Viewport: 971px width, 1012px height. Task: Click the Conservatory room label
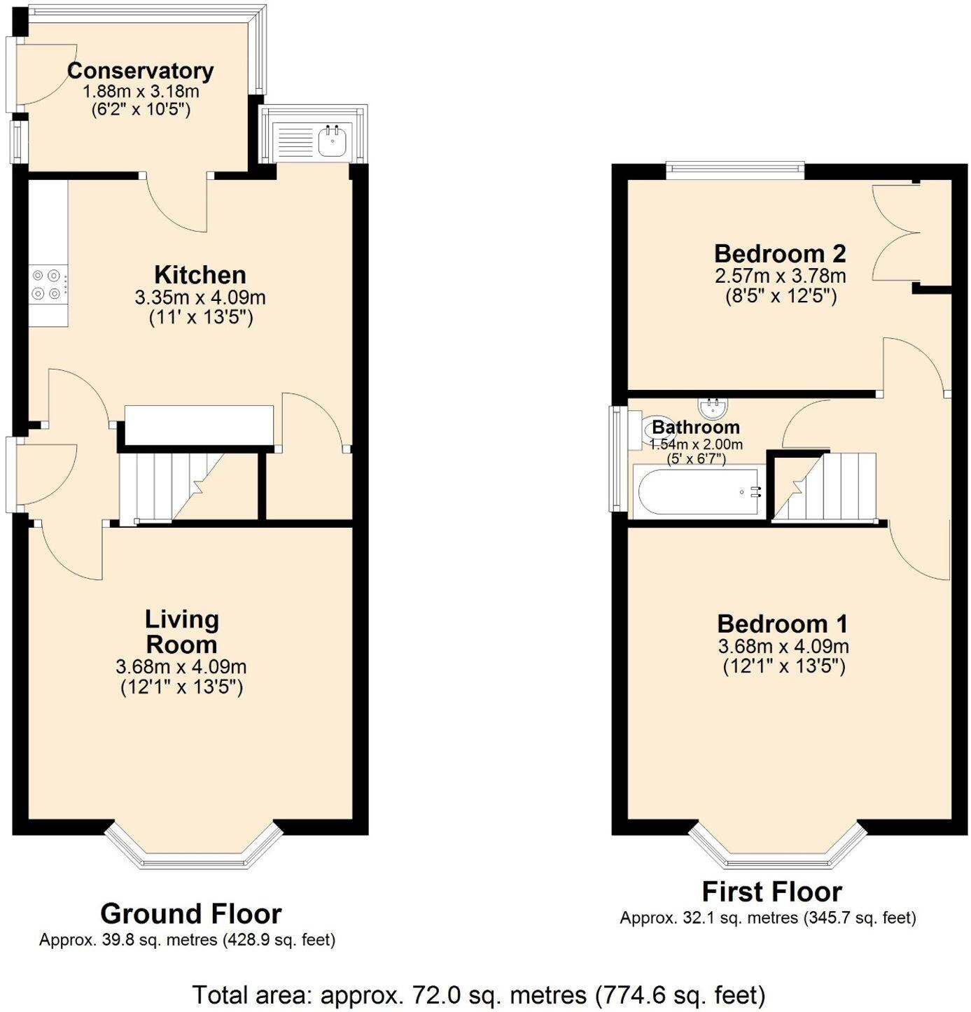tap(140, 71)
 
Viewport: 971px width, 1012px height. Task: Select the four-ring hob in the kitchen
tap(48, 285)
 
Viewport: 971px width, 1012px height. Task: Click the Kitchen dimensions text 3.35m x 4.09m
tap(200, 297)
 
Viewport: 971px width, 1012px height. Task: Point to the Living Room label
tap(182, 631)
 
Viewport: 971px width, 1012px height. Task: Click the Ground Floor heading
tap(190, 914)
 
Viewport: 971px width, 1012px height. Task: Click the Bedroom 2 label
tap(780, 253)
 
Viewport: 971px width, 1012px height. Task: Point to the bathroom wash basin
tap(713, 406)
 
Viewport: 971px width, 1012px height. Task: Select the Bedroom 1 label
tap(782, 623)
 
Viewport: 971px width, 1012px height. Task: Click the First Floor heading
tap(771, 892)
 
